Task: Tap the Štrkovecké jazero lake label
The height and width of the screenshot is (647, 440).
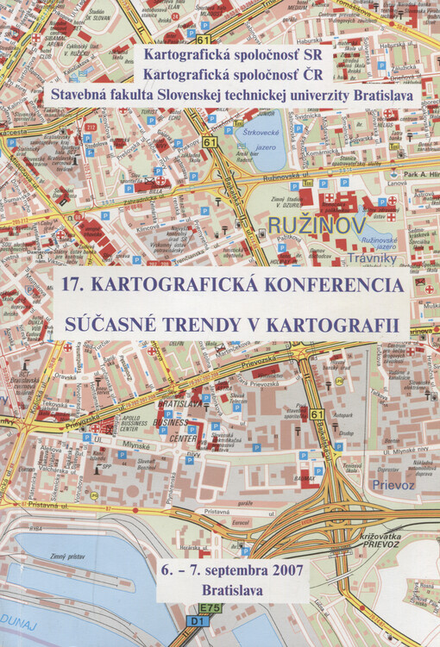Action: point(265,139)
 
